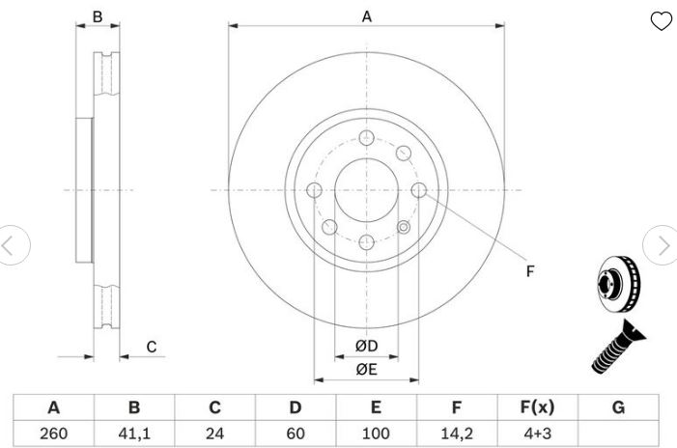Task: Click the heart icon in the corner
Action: tap(661, 20)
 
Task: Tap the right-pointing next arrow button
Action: tap(661, 245)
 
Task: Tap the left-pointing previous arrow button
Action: tap(13, 245)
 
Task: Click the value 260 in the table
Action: tap(53, 434)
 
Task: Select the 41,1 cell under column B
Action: tap(134, 434)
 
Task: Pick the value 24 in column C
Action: tap(214, 434)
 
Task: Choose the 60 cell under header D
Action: tap(296, 434)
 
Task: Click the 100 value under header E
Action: tap(376, 434)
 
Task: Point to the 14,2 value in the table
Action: tap(457, 434)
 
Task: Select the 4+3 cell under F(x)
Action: tap(538, 434)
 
